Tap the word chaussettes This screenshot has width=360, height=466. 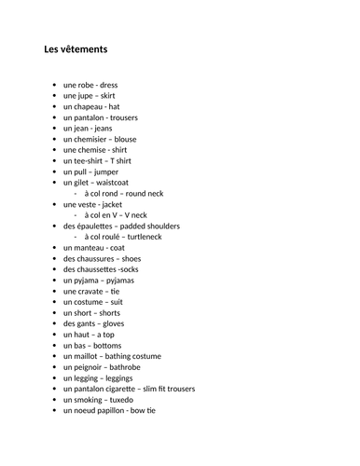97,269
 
